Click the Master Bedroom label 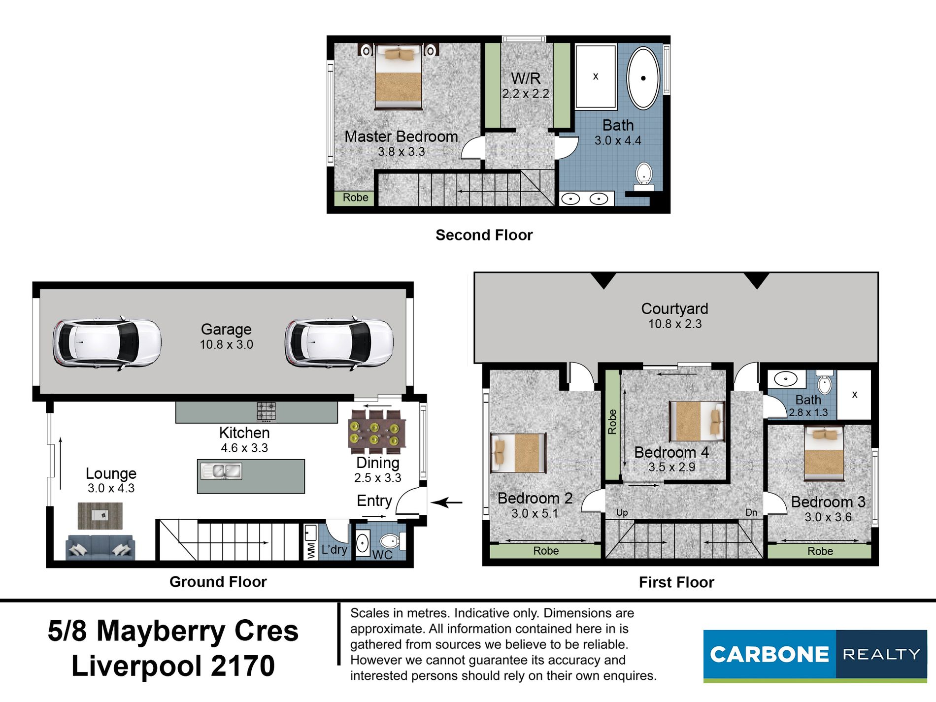(x=401, y=136)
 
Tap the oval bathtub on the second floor (x=643, y=78)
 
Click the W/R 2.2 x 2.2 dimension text (x=526, y=94)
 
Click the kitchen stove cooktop (x=266, y=412)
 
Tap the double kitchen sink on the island (x=221, y=471)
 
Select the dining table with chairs (x=377, y=432)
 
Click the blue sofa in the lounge (x=100, y=547)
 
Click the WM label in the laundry (x=311, y=551)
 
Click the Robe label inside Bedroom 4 (x=612, y=422)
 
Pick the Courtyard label (x=674, y=309)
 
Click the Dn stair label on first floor (x=751, y=512)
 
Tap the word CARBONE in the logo (x=769, y=655)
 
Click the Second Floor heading (x=484, y=235)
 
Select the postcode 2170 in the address (x=243, y=666)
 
